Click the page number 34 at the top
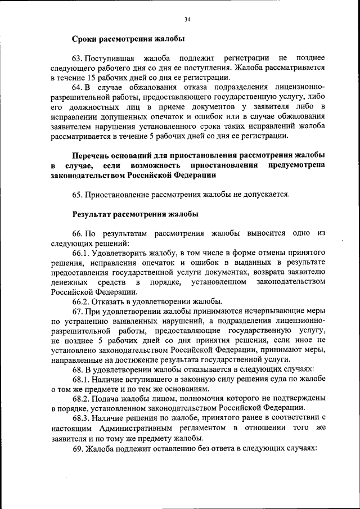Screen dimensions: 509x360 point(188,20)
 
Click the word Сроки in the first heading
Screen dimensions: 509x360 point(85,39)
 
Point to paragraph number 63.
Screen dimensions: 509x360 point(79,58)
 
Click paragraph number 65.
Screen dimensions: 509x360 point(78,195)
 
